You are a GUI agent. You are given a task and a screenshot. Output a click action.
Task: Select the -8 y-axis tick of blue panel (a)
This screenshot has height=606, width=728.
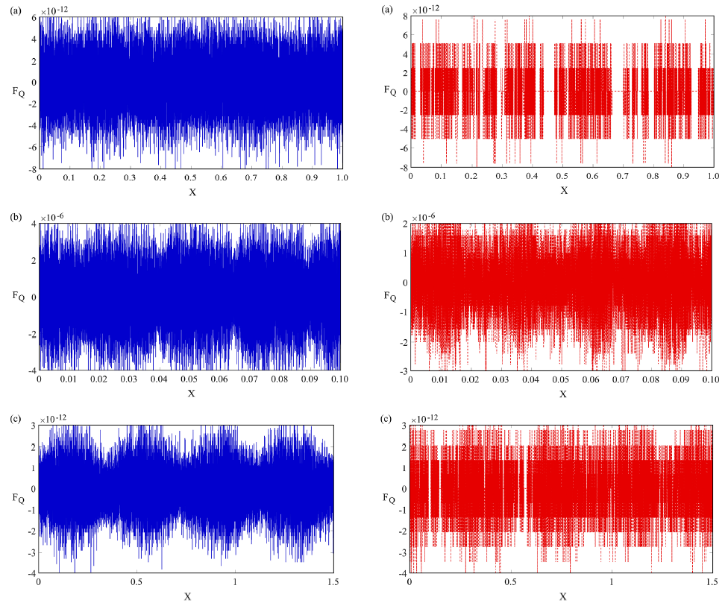tap(32, 169)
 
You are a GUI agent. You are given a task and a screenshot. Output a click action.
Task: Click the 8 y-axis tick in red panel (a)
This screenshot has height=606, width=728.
tap(404, 16)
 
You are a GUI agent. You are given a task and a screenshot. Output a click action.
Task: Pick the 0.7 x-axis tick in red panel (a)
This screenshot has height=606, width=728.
tap(622, 180)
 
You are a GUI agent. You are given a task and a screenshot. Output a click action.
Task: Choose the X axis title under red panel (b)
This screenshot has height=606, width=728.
tap(563, 394)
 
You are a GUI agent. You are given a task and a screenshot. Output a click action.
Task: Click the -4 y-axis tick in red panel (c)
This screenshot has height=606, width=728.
tap(402, 572)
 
